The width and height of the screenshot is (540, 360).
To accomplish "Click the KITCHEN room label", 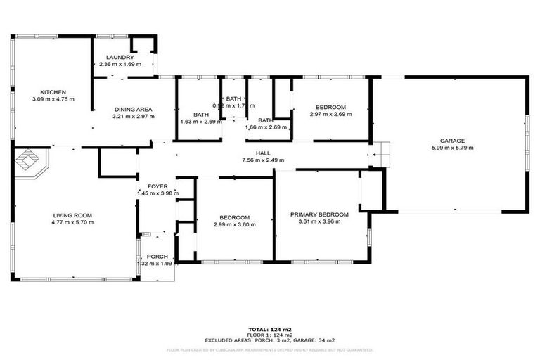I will tap(53, 92).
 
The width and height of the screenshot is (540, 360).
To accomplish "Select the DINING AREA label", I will tap(133, 109).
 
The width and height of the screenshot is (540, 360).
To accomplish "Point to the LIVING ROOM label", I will tap(72, 215).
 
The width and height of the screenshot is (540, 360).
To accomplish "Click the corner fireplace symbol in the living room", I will tap(29, 162).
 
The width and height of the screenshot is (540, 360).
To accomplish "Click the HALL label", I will tap(264, 153).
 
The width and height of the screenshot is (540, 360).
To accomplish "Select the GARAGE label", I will tap(452, 141).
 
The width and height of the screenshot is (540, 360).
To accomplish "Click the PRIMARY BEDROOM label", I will tap(320, 214).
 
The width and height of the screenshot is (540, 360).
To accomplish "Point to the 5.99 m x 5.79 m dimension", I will tap(452, 148).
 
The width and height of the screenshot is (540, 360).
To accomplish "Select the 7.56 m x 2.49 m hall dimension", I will tap(264, 160).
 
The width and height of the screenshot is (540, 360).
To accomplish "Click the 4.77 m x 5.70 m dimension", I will tap(72, 222).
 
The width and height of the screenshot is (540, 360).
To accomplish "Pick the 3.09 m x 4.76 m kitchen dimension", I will tap(53, 99).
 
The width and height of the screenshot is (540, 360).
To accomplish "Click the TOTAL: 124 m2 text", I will tap(270, 329).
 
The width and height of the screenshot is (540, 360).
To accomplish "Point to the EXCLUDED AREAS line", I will tap(270, 340).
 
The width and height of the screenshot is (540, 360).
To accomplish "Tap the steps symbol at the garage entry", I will tap(380, 152).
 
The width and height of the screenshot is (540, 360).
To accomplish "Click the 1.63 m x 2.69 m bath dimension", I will tap(201, 121).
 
